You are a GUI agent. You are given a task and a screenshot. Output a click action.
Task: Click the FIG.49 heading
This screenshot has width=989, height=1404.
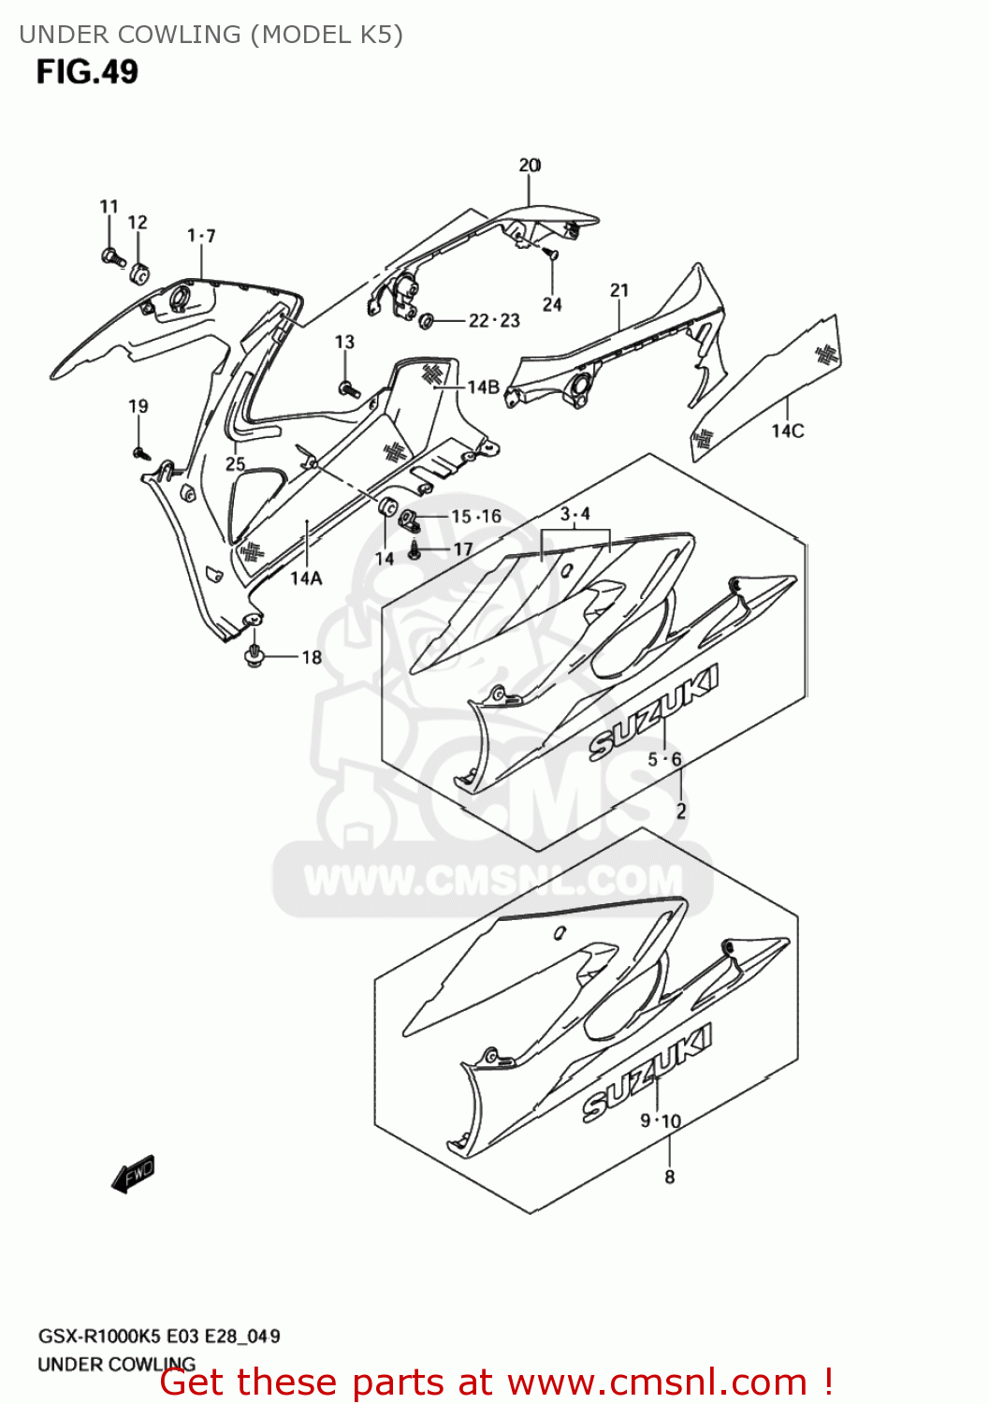[x=87, y=72]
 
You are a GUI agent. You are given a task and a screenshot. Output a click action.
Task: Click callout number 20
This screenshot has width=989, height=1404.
[x=530, y=166]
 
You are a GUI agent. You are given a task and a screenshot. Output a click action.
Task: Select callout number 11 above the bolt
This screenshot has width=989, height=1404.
[x=109, y=207]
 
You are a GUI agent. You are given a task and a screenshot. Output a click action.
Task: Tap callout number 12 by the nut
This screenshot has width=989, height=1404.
[x=138, y=223]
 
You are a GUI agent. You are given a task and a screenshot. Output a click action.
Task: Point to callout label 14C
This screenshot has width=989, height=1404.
[x=787, y=431]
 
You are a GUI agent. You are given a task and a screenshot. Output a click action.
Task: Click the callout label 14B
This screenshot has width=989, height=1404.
[x=483, y=387]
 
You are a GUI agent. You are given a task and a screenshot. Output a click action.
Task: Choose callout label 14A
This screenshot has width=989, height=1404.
[x=306, y=578]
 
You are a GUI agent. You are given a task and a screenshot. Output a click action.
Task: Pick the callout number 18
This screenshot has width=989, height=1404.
[x=312, y=657]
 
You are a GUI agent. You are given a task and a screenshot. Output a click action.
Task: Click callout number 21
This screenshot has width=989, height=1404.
[x=619, y=291]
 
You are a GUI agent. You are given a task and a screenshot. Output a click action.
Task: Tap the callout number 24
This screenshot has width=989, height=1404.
[x=552, y=304]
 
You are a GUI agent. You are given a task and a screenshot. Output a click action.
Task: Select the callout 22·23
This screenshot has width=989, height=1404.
[x=494, y=321]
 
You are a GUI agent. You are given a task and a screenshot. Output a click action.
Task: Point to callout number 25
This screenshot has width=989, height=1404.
[x=235, y=463]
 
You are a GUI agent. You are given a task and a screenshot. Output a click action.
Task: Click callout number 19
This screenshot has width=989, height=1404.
[x=138, y=406]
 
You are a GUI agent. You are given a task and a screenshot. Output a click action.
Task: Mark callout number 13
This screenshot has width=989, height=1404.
[x=344, y=343]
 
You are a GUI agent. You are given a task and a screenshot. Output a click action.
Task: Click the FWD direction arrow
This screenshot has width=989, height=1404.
[x=133, y=1174]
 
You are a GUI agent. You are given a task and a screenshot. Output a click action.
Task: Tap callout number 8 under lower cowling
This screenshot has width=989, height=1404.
[x=669, y=1177]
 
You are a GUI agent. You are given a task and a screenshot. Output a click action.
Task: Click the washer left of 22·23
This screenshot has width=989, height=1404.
[x=427, y=321]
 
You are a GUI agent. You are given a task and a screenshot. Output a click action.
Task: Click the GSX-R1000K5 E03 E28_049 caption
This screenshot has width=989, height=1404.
[x=159, y=1336]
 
